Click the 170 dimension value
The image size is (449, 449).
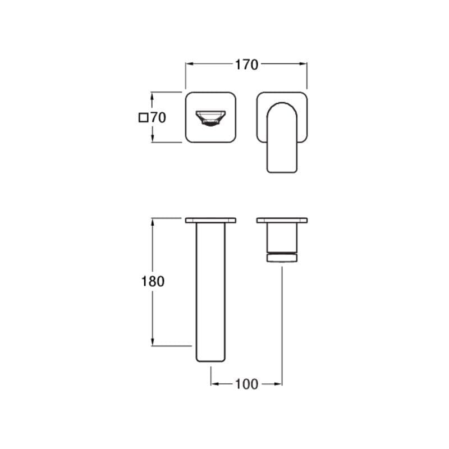[246, 65]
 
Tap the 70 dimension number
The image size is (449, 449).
[158, 118]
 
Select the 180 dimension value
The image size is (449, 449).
[153, 281]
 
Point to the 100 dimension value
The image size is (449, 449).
[246, 384]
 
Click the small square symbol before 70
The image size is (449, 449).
[143, 118]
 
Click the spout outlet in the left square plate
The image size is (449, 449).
[211, 118]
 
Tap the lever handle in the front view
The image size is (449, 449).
[282, 138]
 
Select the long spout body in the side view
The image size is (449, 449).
[211, 292]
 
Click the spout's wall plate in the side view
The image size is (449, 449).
[211, 220]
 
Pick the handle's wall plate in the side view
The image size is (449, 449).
[282, 220]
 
